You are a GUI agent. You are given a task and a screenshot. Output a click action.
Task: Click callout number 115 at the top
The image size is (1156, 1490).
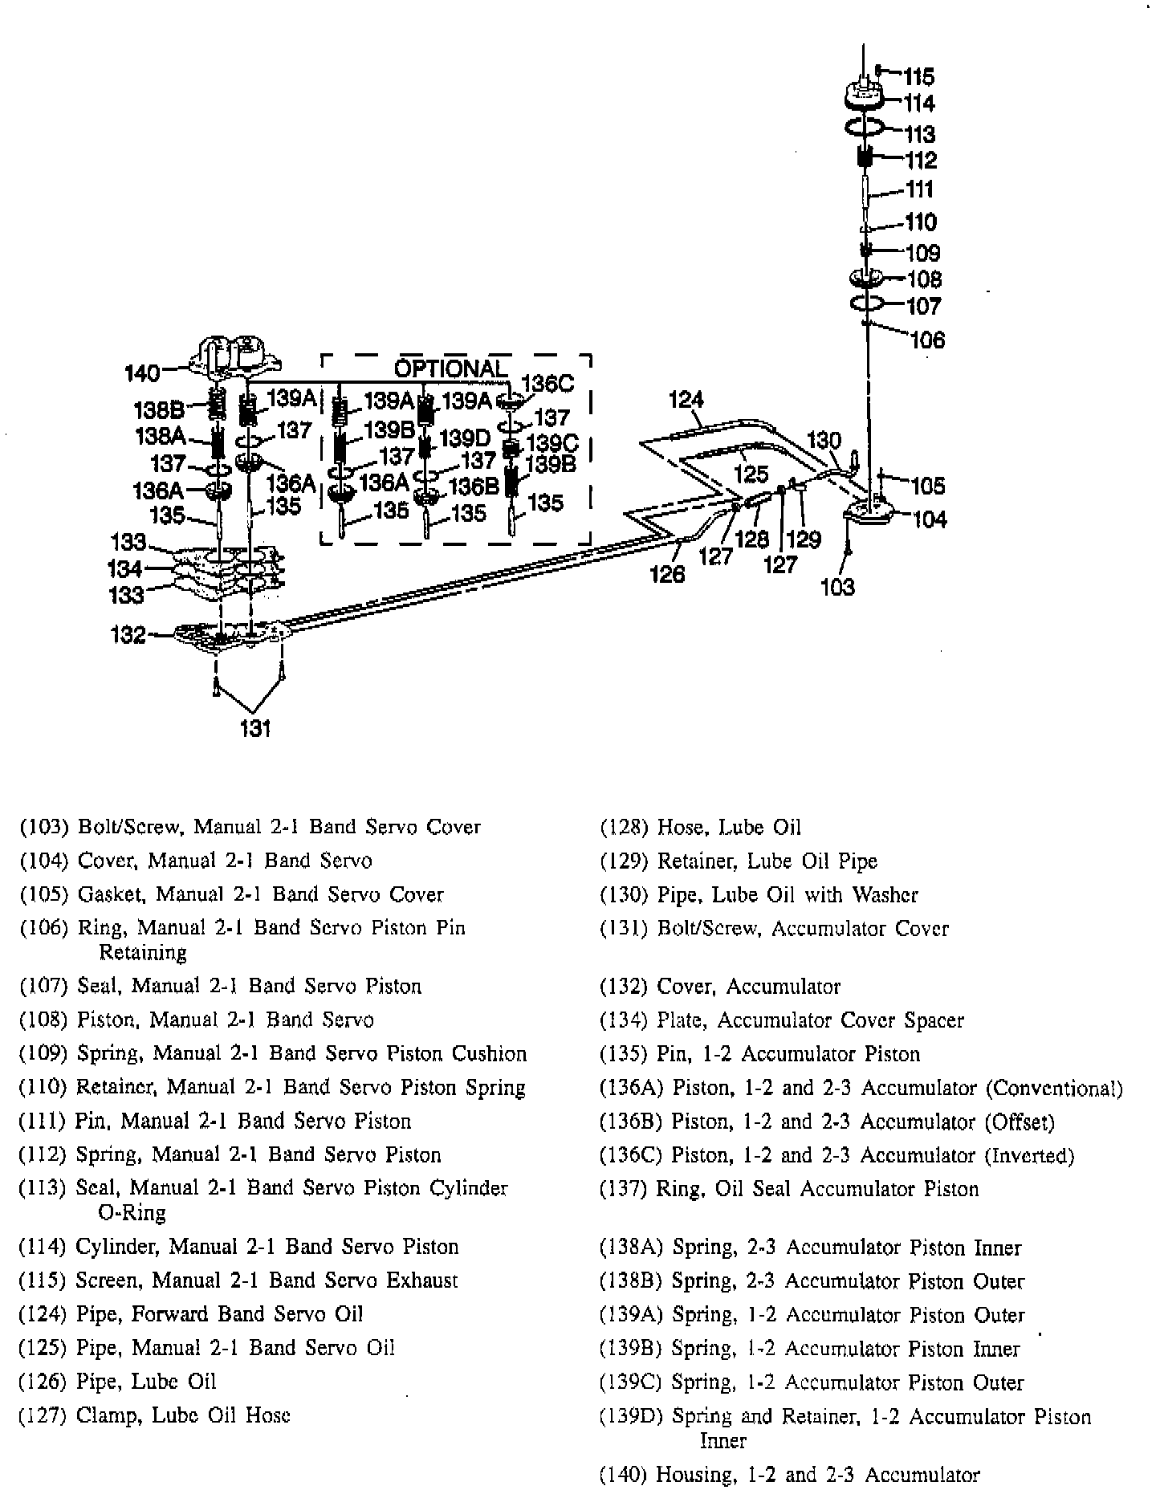click(919, 76)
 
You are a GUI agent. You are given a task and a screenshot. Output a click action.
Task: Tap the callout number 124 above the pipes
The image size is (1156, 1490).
click(686, 399)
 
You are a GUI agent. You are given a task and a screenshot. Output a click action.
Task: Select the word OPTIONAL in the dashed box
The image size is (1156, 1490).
click(450, 368)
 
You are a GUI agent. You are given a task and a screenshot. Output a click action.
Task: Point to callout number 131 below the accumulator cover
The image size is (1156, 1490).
click(255, 728)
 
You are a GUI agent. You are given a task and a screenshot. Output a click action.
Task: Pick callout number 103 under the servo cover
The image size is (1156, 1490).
click(837, 587)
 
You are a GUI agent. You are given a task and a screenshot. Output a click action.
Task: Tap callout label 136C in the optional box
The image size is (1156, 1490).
click(547, 384)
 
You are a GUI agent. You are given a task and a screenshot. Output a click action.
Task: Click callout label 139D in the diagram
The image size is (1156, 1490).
click(466, 438)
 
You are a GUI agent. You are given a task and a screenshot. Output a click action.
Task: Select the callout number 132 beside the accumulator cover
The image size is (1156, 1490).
click(128, 635)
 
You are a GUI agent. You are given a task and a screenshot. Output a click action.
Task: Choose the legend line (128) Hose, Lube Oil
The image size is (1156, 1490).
click(700, 827)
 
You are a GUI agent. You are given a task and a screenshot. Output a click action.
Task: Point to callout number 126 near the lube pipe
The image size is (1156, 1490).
click(668, 574)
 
